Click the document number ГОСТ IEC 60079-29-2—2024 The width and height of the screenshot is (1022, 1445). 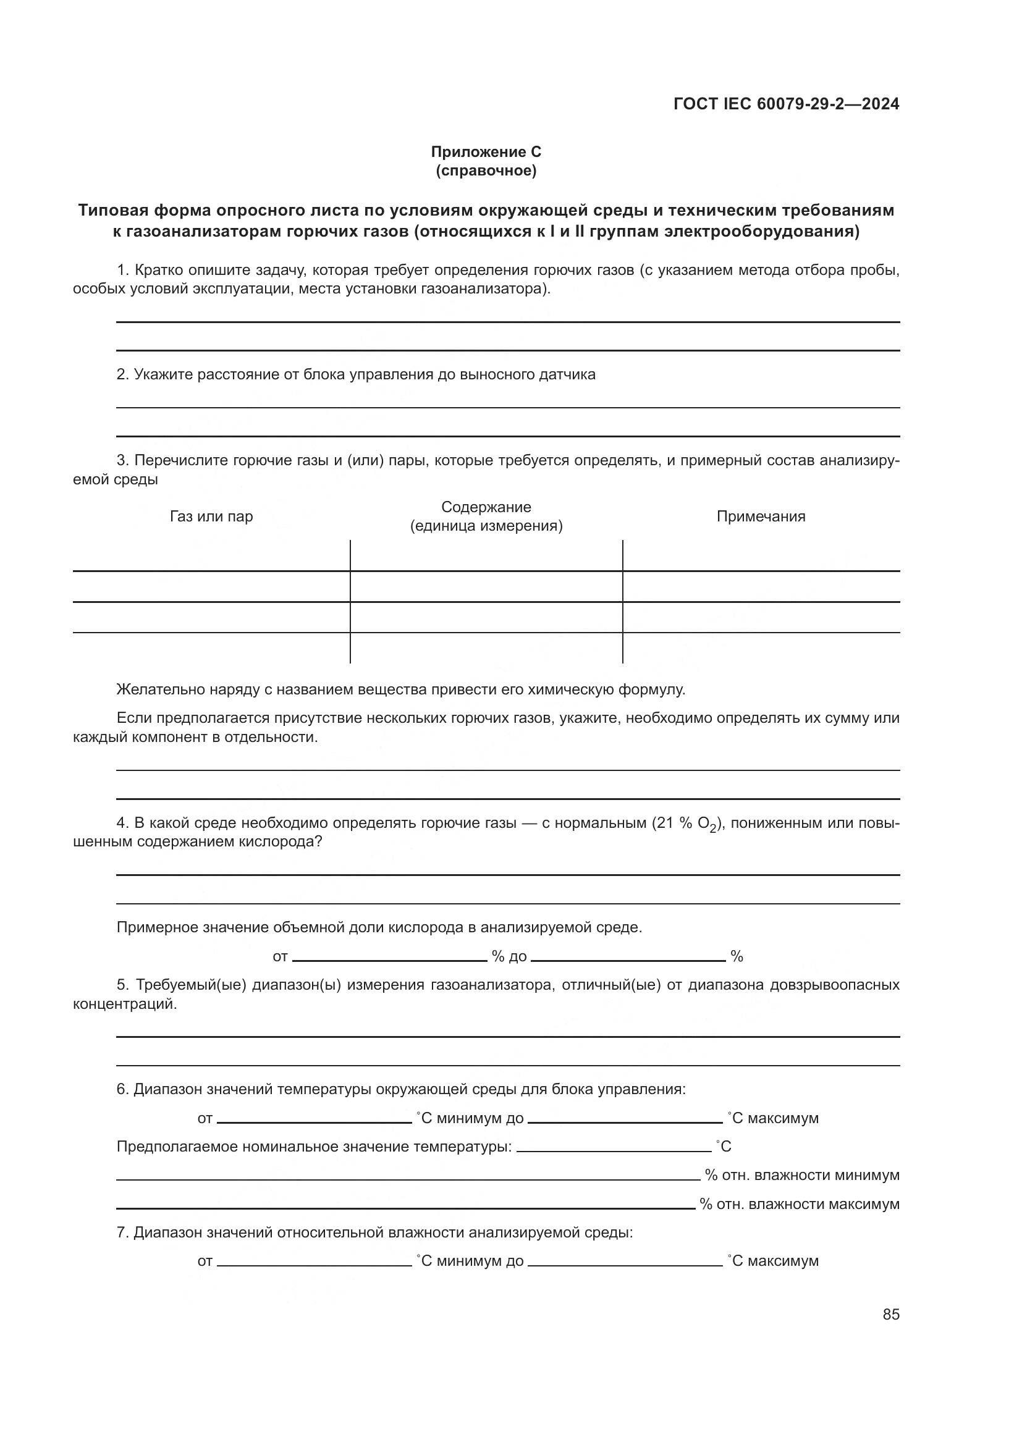pyautogui.click(x=786, y=104)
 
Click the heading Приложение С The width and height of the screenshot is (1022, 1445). pyautogui.click(x=486, y=152)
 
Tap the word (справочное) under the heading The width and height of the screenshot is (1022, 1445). pyautogui.click(x=486, y=171)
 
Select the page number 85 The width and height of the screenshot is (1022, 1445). pyautogui.click(x=891, y=1314)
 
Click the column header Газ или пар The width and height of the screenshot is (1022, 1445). pyautogui.click(x=211, y=516)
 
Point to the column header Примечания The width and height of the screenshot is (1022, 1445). pyautogui.click(x=761, y=516)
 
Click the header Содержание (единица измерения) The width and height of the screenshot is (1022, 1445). pyautogui.click(x=486, y=516)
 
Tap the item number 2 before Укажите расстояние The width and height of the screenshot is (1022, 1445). pyautogui.click(x=123, y=374)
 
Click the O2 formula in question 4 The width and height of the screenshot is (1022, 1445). pyautogui.click(x=707, y=825)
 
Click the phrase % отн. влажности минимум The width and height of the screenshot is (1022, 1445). pyautogui.click(x=802, y=1175)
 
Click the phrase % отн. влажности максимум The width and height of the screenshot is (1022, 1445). pyautogui.click(x=799, y=1204)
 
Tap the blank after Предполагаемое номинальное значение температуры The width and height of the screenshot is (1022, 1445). pyautogui.click(x=614, y=1147)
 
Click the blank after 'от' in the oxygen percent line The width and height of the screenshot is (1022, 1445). pyautogui.click(x=389, y=956)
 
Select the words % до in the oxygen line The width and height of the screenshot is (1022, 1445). pyautogui.click(x=509, y=956)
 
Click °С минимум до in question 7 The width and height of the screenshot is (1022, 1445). pyautogui.click(x=470, y=1262)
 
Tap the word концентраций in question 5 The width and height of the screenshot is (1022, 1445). pyautogui.click(x=125, y=1004)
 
